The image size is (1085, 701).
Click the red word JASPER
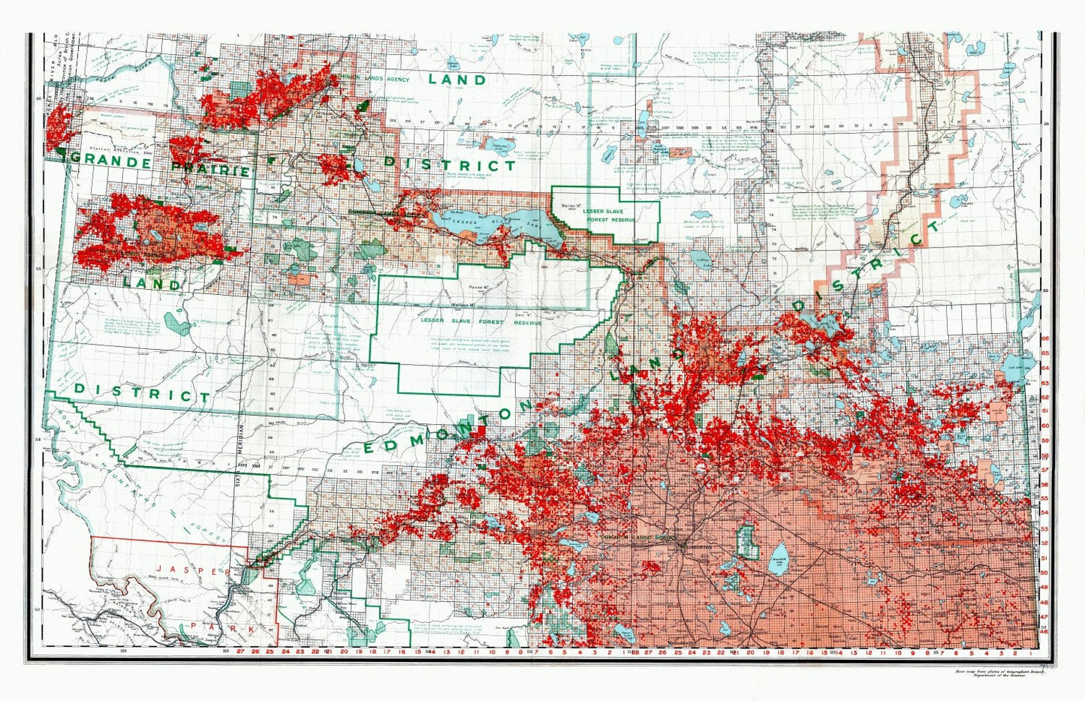(199, 571)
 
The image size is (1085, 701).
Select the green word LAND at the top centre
(457, 79)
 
